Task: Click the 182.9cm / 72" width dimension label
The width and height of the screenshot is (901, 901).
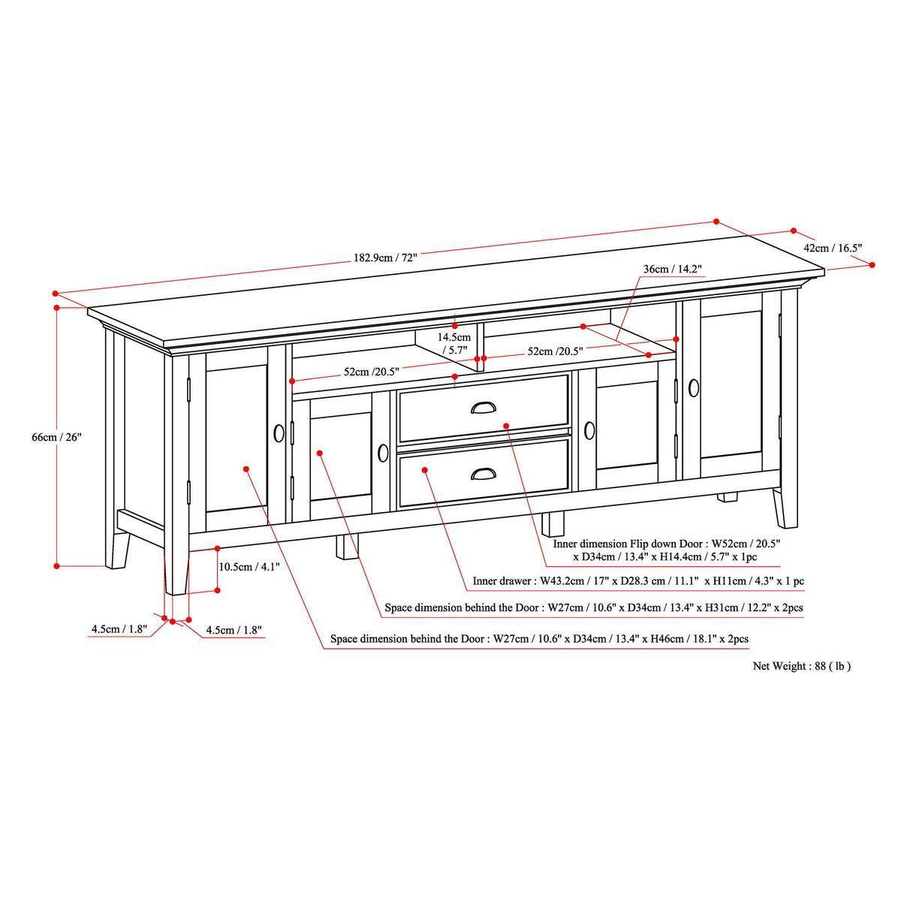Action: pyautogui.click(x=384, y=257)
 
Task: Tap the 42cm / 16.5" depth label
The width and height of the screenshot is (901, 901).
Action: pyautogui.click(x=833, y=247)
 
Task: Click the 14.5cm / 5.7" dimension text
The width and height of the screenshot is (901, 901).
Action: pyautogui.click(x=454, y=343)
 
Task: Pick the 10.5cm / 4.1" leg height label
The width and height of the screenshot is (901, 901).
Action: pyautogui.click(x=239, y=567)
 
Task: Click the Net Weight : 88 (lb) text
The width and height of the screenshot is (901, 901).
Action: pyautogui.click(x=801, y=665)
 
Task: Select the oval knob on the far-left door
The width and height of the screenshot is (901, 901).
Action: pyautogui.click(x=279, y=433)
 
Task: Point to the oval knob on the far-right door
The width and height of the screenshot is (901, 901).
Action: pyautogui.click(x=693, y=387)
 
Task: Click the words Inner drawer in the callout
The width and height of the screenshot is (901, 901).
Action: pyautogui.click(x=501, y=581)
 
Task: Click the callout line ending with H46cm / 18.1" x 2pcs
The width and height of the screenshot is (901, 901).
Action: pyautogui.click(x=539, y=639)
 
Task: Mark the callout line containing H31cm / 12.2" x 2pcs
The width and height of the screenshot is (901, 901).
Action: pyautogui.click(x=593, y=607)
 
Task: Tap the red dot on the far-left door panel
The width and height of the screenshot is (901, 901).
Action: pyautogui.click(x=246, y=469)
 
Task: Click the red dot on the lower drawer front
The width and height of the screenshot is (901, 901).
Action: pyautogui.click(x=425, y=470)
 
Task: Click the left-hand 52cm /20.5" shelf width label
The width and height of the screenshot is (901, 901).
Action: pyautogui.click(x=371, y=371)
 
